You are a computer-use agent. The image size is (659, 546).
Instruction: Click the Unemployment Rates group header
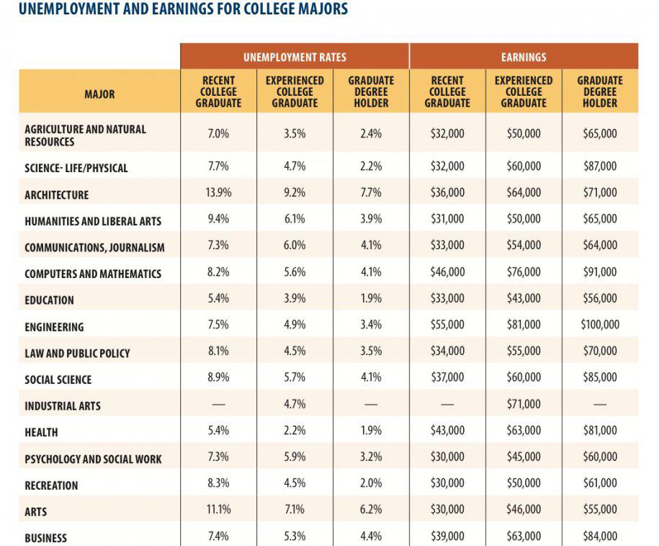pyautogui.click(x=295, y=57)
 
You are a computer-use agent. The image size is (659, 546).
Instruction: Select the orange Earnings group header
pyautogui.click(x=524, y=57)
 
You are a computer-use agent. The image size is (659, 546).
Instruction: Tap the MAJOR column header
pyautogui.click(x=99, y=94)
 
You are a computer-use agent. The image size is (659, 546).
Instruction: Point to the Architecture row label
pyautogui.click(x=57, y=195)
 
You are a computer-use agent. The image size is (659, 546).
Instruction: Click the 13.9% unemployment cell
pyautogui.click(x=218, y=192)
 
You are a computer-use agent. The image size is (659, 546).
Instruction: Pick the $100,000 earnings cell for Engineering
pyautogui.click(x=600, y=324)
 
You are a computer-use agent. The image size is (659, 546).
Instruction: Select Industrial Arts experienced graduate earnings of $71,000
pyautogui.click(x=524, y=404)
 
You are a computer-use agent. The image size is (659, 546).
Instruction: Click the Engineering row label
pyautogui.click(x=54, y=327)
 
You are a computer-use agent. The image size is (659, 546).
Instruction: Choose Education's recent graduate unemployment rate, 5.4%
pyautogui.click(x=218, y=298)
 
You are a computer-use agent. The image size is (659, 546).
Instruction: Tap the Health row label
pyautogui.click(x=41, y=432)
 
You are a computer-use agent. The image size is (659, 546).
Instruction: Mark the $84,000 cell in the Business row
pyautogui.click(x=600, y=537)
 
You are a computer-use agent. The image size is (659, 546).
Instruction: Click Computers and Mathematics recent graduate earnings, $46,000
pyautogui.click(x=447, y=272)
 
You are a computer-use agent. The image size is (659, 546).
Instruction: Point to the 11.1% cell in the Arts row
pyautogui.click(x=218, y=509)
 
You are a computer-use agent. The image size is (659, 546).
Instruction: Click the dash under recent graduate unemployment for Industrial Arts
pyautogui.click(x=218, y=404)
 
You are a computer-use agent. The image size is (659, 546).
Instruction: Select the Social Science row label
pyautogui.click(x=58, y=380)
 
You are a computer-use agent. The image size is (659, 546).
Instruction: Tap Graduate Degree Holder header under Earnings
pyautogui.click(x=600, y=91)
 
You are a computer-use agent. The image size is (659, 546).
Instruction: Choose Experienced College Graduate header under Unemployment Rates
pyautogui.click(x=295, y=91)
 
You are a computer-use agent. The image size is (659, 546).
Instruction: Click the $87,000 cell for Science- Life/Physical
pyautogui.click(x=600, y=166)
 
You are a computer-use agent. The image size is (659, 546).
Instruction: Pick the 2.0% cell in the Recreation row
pyautogui.click(x=371, y=483)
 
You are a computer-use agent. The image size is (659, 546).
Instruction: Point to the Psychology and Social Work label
pyautogui.click(x=93, y=459)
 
